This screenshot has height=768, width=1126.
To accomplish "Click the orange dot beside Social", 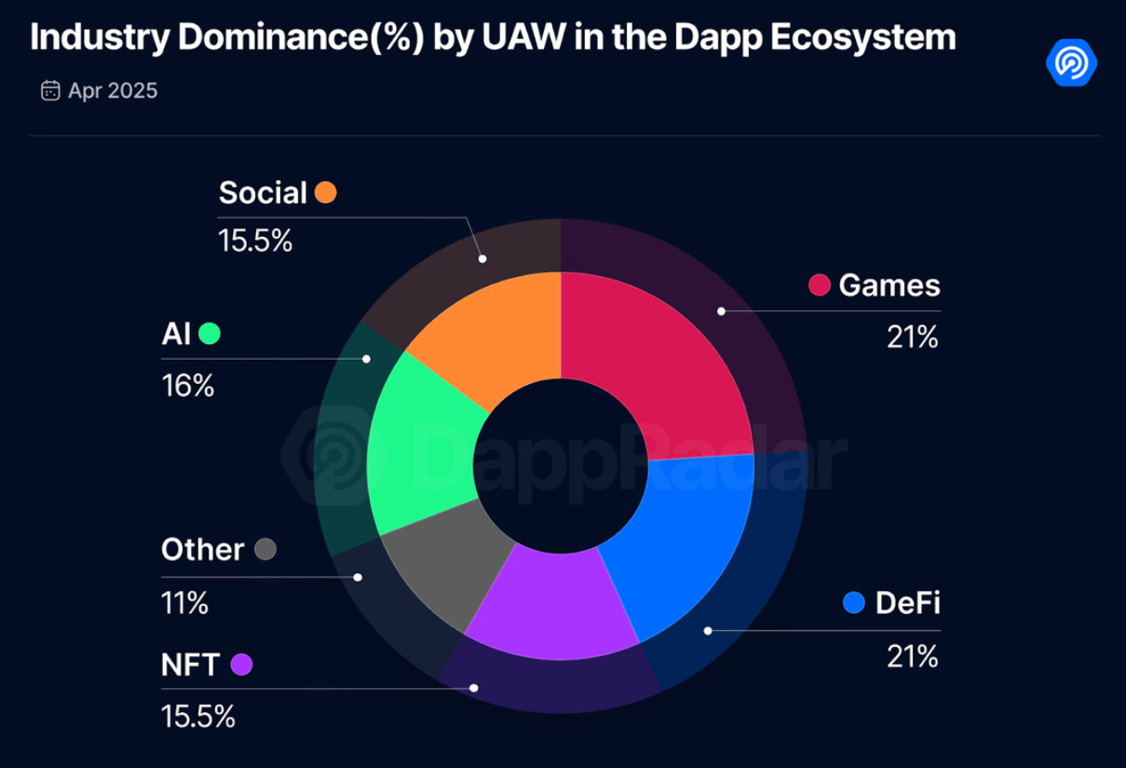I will [325, 193].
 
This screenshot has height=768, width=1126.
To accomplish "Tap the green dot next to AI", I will [210, 334].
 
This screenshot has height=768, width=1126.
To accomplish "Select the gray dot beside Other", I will [265, 549].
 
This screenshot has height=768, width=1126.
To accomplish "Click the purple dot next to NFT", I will [241, 665].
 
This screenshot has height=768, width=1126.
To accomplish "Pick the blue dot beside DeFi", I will [854, 603].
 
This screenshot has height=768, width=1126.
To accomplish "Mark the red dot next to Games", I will [820, 285].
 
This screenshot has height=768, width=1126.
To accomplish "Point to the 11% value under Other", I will [184, 602].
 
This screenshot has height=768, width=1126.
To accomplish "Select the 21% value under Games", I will [913, 336].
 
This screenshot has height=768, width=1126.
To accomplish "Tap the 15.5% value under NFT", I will [198, 717].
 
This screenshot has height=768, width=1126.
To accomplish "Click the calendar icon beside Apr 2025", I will [50, 90].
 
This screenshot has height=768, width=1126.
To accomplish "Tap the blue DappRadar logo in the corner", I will [1071, 62].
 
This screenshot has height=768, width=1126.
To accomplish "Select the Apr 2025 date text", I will [113, 90].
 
